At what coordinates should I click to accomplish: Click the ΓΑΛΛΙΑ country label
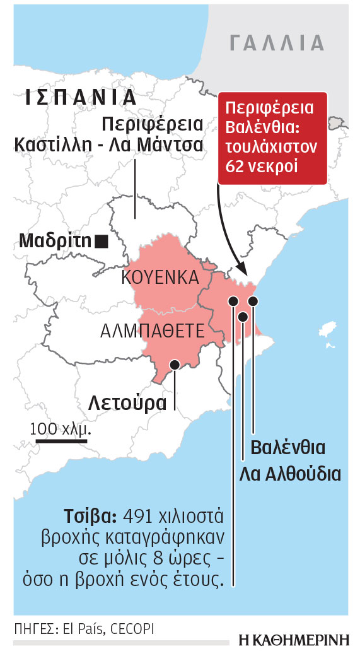(277, 43)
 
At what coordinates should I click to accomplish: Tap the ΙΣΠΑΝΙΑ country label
(81, 97)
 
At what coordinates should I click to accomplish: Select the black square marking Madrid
(100, 240)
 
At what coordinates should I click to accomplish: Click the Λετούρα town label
(127, 401)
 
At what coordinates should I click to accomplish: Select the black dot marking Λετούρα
(174, 363)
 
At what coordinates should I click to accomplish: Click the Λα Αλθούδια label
(289, 474)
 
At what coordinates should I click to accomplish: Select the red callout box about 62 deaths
(272, 138)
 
